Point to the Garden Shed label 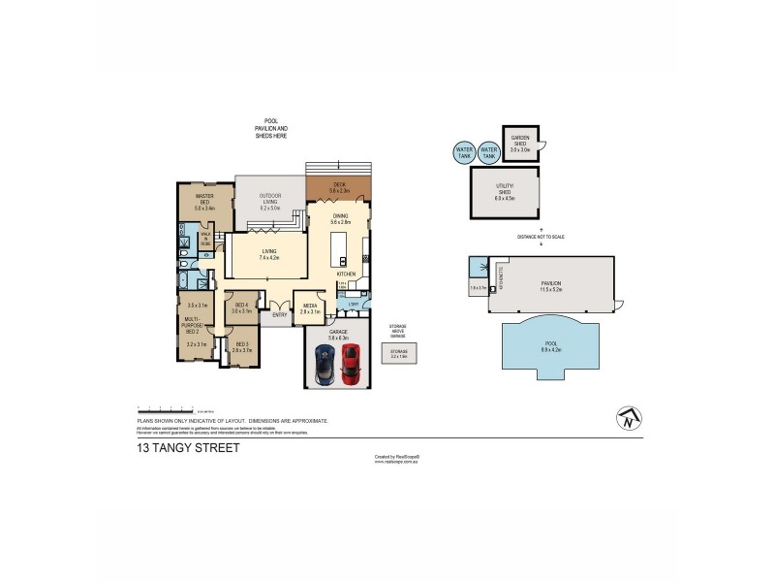[x=519, y=147]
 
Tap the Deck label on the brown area [x=339, y=187]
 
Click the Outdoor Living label [x=269, y=202]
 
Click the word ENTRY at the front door [x=279, y=314]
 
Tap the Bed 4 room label [x=241, y=307]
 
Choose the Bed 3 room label [x=241, y=346]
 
